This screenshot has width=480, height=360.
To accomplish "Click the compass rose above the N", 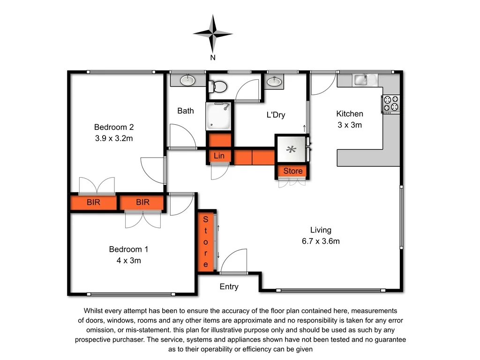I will [213, 33].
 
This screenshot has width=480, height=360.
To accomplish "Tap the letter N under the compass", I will [213, 58].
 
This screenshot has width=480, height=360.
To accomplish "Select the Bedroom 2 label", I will [114, 127].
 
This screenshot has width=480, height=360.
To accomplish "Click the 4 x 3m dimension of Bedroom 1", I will [129, 261].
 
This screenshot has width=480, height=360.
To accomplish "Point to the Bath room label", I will [186, 111].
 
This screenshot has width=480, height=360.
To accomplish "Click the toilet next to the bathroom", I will [219, 86].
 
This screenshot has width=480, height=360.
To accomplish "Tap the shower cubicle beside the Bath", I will [219, 116].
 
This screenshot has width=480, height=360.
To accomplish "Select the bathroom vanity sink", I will [187, 80].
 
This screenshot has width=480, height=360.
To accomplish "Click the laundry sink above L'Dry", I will [274, 82].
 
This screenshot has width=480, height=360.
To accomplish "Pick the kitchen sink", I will [361, 80].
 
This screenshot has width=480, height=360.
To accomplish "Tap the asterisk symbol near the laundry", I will [292, 150].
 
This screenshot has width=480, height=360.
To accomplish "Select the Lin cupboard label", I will [219, 156].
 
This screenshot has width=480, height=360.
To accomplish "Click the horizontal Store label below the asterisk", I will [293, 171].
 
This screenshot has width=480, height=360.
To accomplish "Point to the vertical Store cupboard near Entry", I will [205, 241].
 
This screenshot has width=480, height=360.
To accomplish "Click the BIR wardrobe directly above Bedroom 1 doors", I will [142, 202].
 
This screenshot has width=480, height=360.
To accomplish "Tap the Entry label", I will [229, 287].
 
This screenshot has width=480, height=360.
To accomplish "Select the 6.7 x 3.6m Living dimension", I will [321, 241].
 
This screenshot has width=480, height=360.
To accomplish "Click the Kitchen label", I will [350, 113].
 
